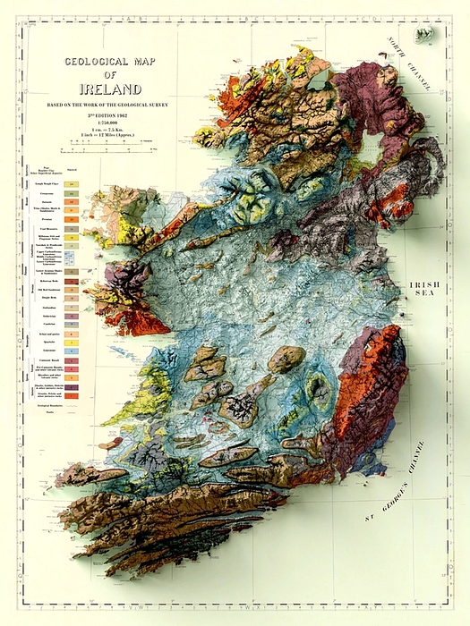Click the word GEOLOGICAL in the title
(101, 63)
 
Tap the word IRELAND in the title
(110, 89)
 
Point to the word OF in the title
(110, 75)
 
